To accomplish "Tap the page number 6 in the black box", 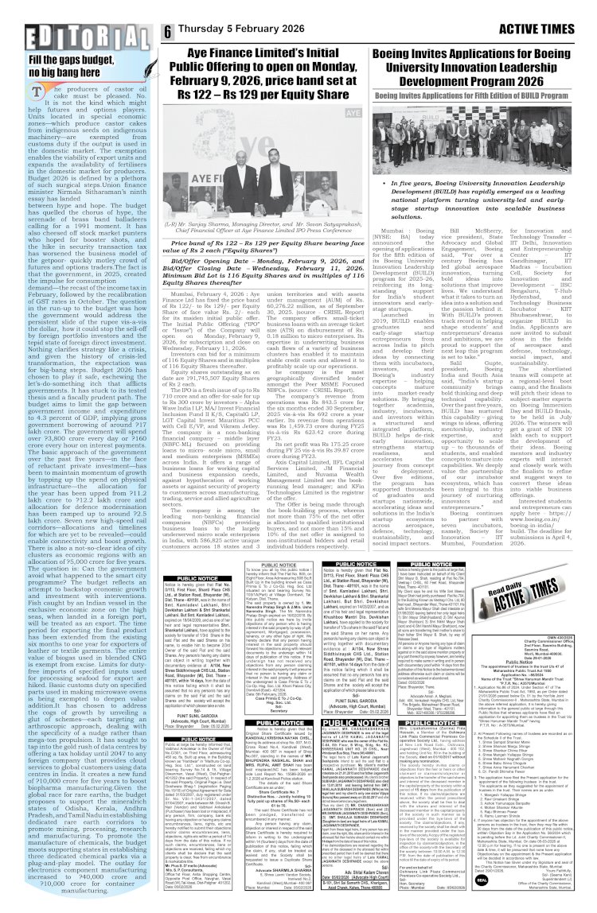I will click(168, 33).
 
